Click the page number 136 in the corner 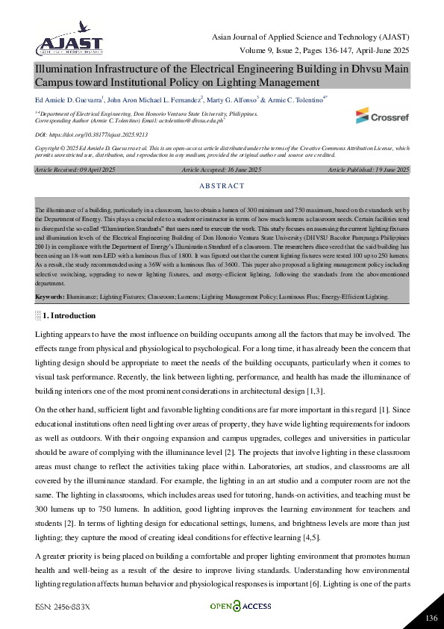[430, 618]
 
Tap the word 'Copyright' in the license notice [47, 148]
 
